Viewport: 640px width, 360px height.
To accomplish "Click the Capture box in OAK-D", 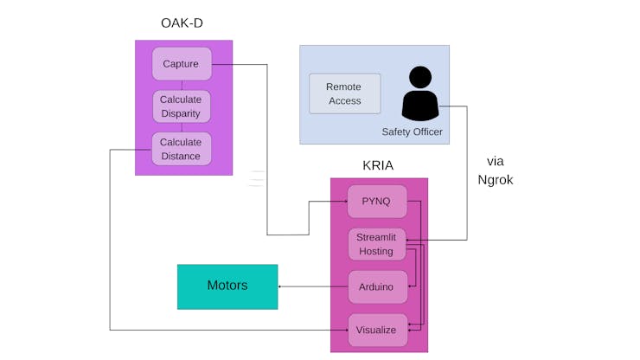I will click(182, 64).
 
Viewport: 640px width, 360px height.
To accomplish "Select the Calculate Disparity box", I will click(182, 106).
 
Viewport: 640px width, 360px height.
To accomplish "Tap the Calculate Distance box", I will click(182, 149).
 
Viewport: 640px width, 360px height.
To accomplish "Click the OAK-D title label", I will click(182, 22).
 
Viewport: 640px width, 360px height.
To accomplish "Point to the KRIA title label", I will click(379, 164).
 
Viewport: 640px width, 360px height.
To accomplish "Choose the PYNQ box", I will click(377, 202).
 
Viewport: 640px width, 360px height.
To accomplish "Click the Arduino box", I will click(377, 286).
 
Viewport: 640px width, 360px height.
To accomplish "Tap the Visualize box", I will click(377, 330).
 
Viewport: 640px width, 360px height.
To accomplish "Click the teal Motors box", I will click(227, 286).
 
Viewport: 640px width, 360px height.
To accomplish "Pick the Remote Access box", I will click(344, 93).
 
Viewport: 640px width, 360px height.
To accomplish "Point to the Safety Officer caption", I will click(412, 132).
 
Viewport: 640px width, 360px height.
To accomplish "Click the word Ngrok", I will click(495, 180).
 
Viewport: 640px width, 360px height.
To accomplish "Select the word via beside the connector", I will click(495, 161).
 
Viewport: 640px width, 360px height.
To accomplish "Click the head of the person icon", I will click(420, 77).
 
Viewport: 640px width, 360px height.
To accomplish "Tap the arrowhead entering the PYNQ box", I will click(345, 202).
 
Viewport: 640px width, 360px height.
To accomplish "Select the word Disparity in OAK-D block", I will click(181, 114).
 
